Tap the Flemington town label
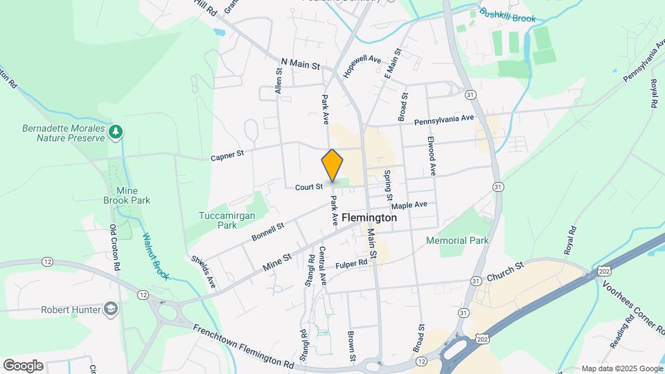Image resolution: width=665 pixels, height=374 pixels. tap(369, 217)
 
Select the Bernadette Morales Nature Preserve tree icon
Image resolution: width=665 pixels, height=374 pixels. tap(116, 130)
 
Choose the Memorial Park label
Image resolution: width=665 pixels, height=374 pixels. tap(457, 240)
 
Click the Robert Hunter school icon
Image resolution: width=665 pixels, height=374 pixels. tap(109, 308)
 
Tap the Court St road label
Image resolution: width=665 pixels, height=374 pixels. tap(308, 186)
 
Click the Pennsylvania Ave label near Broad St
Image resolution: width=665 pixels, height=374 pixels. tap(443, 121)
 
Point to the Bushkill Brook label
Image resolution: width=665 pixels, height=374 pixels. tap(508, 16)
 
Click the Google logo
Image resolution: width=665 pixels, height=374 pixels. tap(22, 366)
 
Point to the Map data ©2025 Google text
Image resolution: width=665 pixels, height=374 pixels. tap(622, 368)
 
